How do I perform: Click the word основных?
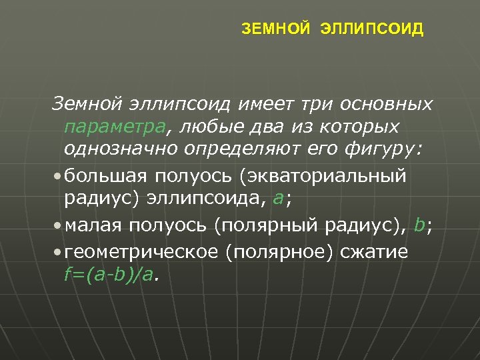387,105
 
